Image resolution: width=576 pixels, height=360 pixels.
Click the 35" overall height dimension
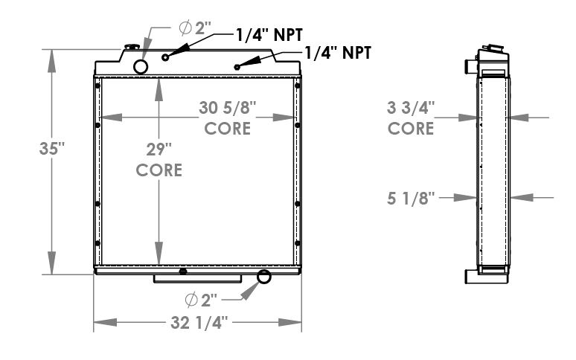click(51, 148)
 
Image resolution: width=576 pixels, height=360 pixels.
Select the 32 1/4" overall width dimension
click(196, 323)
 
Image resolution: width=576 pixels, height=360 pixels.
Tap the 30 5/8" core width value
click(228, 108)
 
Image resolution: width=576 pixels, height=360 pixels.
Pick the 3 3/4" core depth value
click(412, 108)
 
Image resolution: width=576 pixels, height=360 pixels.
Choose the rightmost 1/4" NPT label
click(337, 52)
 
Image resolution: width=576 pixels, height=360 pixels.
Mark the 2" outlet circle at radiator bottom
click(263, 278)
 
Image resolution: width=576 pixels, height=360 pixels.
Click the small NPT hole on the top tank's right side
click(237, 67)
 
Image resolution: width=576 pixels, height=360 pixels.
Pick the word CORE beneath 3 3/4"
click(412, 128)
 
